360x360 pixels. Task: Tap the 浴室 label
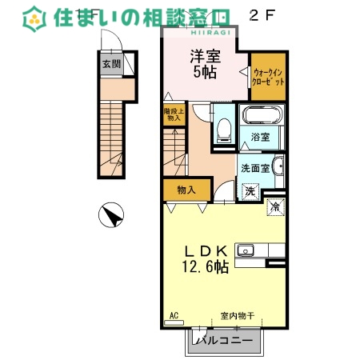(x=260, y=138)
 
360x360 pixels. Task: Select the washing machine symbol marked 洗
(x=250, y=191)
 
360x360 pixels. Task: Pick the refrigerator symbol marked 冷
(x=275, y=206)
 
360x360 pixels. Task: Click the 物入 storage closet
(x=186, y=190)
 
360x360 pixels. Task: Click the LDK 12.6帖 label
(x=210, y=257)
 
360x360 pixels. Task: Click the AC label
(x=174, y=315)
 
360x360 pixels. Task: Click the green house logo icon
(x=34, y=18)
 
